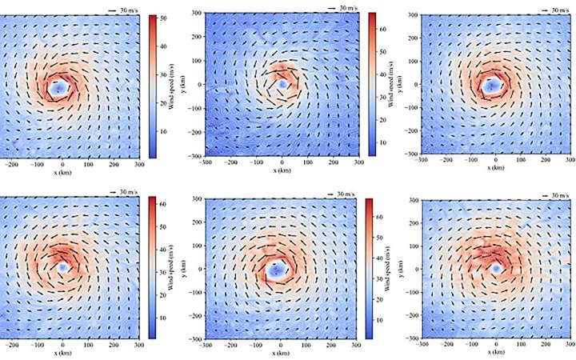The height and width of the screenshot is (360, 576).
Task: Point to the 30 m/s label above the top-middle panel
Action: point(346,7)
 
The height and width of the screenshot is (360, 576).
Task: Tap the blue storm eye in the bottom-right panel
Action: point(496,270)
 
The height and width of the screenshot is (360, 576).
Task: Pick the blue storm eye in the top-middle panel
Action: point(282,84)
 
